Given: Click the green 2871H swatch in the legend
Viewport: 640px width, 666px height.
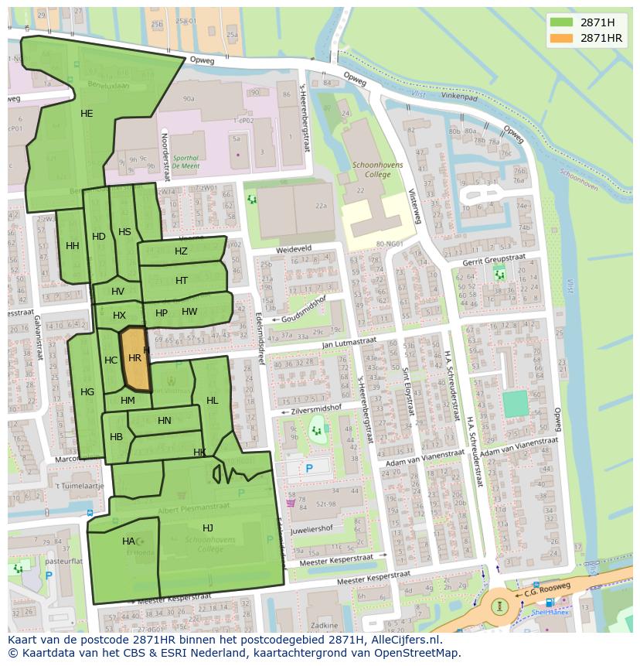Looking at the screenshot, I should point(562,22).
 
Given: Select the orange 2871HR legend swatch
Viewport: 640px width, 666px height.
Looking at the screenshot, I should point(562,38).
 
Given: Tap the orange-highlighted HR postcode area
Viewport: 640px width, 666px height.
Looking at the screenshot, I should point(134,358).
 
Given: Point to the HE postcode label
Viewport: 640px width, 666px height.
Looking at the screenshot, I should point(87,114).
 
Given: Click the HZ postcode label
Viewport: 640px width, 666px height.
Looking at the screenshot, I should point(181,251).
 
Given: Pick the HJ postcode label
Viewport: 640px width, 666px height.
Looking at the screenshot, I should point(207,528).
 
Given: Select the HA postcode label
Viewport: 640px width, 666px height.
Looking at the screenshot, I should point(128,541).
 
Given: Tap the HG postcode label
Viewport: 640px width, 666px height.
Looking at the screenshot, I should point(87,392).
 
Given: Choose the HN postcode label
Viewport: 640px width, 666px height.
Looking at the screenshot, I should point(164,421).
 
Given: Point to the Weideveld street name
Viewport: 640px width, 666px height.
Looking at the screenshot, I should point(294,250).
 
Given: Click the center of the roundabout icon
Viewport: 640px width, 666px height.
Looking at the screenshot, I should point(500,605).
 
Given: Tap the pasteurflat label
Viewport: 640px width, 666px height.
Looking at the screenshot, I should point(64,561).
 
